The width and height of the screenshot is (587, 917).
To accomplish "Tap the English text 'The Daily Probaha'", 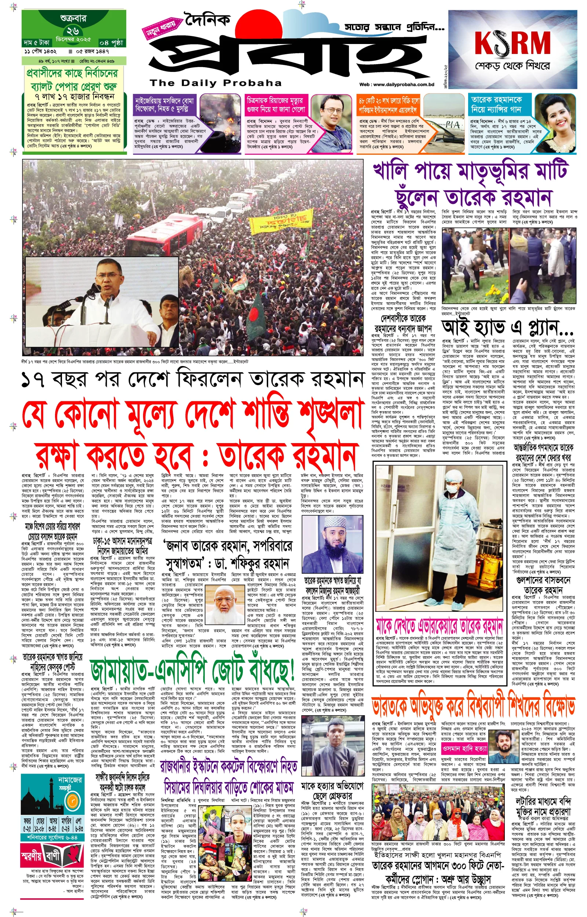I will (215, 83).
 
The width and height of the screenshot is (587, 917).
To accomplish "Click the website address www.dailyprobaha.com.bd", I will (397, 85).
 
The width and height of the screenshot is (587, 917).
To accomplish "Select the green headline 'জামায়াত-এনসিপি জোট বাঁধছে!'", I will (193, 670).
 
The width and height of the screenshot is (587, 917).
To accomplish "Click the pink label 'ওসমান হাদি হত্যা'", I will (464, 749).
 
